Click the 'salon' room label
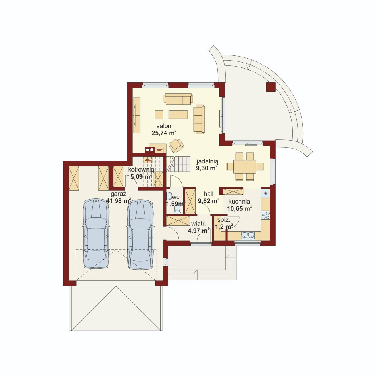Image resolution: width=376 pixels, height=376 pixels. (x=164, y=126)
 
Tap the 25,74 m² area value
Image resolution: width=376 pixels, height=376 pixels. (x=164, y=133)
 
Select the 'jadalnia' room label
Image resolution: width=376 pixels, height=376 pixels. (x=208, y=161)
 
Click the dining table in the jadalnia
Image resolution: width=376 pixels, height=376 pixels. (x=245, y=166)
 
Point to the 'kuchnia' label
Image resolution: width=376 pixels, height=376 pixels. (x=239, y=202)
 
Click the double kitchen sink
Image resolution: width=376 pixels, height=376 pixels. (x=248, y=235)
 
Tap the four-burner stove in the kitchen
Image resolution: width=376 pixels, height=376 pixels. (x=265, y=215)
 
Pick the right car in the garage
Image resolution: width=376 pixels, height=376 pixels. (x=140, y=234)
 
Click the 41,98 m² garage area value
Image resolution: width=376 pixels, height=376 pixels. (x=118, y=200)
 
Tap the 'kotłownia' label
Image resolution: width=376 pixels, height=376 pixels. (x=141, y=170)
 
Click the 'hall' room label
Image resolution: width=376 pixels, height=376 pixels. (x=208, y=194)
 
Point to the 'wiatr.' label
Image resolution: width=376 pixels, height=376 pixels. (x=198, y=224)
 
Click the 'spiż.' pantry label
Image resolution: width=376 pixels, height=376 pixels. (x=224, y=220)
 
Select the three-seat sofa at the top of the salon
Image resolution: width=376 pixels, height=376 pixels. (x=178, y=99)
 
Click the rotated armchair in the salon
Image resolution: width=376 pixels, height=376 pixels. (x=176, y=145)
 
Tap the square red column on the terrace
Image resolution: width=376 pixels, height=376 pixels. (x=271, y=87)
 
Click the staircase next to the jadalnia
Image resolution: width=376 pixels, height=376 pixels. (x=179, y=164)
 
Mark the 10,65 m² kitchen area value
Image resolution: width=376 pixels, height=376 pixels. (x=239, y=208)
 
